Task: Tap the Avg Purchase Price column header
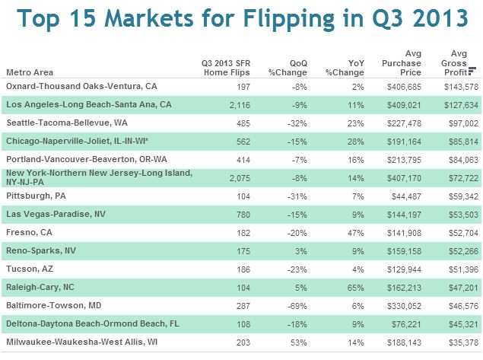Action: (x=402, y=62)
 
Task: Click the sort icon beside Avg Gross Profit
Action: (x=472, y=72)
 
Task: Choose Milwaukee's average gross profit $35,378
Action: (x=462, y=342)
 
